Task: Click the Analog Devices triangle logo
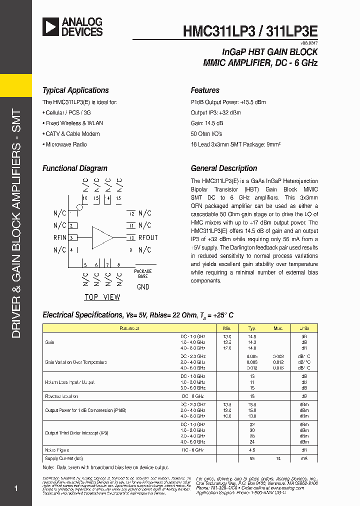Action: point(51,26)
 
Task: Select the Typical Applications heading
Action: point(75,90)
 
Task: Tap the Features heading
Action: point(205,90)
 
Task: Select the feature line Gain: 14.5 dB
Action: point(207,123)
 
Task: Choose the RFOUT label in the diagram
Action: point(147,238)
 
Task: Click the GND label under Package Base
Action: point(143,287)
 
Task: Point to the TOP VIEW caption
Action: point(102,297)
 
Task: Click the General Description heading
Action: point(224,168)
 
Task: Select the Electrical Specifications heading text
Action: point(82,315)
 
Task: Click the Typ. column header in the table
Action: point(252,328)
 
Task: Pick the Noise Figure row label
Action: point(57,450)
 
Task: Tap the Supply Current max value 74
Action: point(278,458)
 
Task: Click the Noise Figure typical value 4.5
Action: point(252,450)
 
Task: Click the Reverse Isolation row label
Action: point(61,396)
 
